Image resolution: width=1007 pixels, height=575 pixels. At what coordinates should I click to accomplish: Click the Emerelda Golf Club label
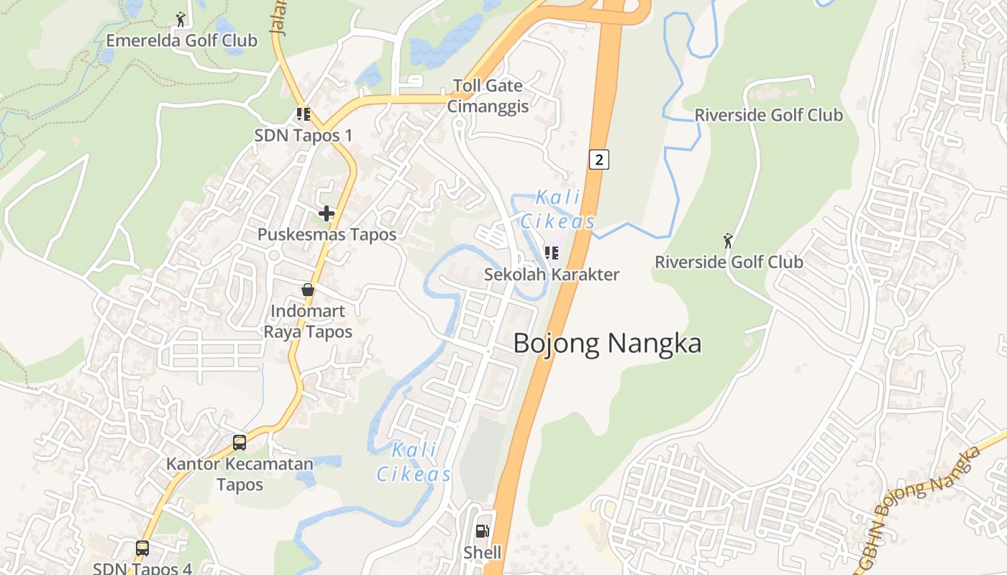[181, 40]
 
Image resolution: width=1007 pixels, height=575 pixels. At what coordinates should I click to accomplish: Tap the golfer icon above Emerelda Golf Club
[181, 18]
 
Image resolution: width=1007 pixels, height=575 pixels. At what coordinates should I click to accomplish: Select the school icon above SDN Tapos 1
[304, 114]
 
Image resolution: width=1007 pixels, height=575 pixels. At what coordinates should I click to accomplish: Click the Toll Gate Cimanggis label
[488, 96]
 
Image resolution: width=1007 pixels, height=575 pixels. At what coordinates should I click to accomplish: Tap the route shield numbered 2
[599, 159]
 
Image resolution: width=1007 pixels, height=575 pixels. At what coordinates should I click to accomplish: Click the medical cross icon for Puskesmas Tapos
[327, 213]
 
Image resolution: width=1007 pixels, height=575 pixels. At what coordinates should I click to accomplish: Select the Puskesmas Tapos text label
[327, 234]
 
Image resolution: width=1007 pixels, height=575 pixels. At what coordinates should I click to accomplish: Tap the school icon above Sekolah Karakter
[552, 252]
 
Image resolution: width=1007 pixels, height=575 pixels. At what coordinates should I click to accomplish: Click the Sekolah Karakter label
[552, 274]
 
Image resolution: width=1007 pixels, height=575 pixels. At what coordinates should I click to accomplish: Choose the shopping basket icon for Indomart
[308, 290]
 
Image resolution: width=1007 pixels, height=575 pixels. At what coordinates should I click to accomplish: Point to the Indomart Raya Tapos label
[308, 321]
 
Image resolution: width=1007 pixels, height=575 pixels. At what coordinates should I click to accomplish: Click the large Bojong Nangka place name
[607, 344]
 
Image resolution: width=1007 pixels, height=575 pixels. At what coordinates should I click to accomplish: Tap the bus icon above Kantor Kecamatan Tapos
[240, 442]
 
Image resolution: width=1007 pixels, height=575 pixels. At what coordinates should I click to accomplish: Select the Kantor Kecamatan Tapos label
[240, 474]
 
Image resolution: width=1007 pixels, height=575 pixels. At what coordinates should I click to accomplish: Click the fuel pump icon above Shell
[482, 531]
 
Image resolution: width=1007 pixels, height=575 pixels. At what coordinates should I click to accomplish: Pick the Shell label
[482, 553]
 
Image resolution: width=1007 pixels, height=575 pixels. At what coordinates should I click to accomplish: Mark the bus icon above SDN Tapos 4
[142, 548]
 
